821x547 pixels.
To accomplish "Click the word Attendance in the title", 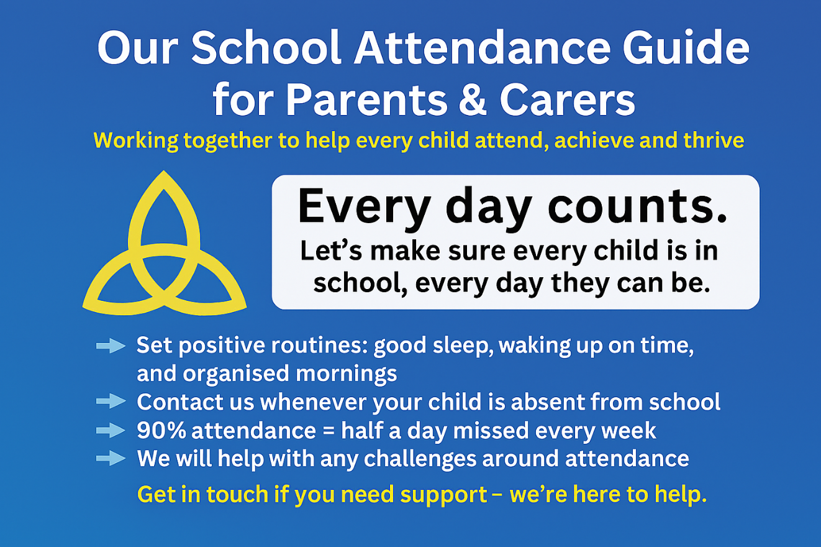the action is (x=482, y=48).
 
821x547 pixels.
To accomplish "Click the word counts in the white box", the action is (x=637, y=206).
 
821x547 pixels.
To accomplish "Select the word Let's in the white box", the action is (x=331, y=251).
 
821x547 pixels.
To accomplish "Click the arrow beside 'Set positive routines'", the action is (x=111, y=346).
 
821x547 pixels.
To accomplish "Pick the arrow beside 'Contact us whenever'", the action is (x=111, y=402).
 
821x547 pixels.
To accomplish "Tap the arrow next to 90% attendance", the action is (x=111, y=430).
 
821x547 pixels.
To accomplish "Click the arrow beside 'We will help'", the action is (x=111, y=459).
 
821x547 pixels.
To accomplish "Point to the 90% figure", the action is (x=161, y=430).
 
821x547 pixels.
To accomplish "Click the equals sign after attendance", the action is (x=329, y=431).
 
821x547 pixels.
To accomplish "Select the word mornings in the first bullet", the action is (x=346, y=374).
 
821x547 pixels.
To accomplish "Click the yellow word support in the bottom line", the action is (x=443, y=495).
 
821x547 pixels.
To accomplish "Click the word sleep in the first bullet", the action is (x=463, y=346).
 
